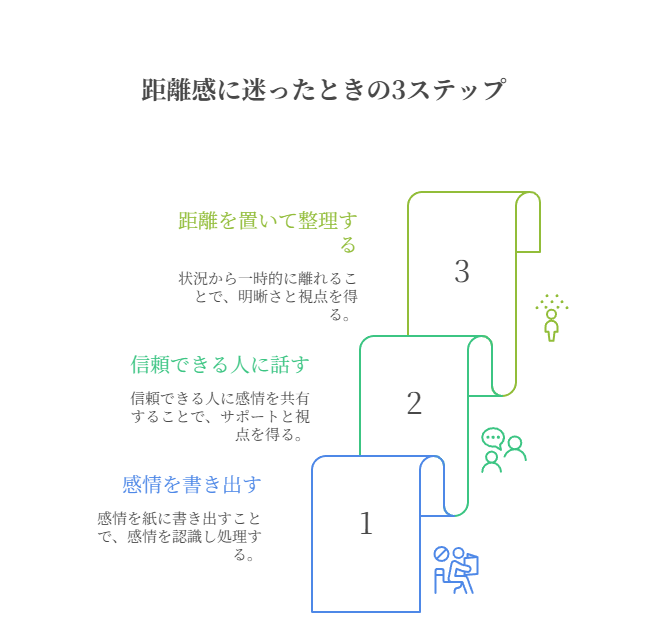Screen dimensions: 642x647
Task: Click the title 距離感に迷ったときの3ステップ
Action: pos(323,90)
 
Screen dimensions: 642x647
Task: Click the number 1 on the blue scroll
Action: pos(366,523)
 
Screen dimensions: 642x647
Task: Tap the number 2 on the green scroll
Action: pos(414,403)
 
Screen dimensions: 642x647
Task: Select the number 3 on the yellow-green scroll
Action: pos(461,271)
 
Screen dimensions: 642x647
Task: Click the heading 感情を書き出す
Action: pos(191,485)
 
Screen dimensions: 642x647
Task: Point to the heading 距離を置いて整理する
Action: pos(267,232)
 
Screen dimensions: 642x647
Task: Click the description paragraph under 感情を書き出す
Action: pos(180,536)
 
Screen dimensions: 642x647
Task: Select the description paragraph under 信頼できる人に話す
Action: pos(220,415)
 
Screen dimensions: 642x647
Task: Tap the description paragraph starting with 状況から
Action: pos(268,295)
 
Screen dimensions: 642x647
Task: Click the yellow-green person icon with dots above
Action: pos(551,318)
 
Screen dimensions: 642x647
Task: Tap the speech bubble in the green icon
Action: pos(492,437)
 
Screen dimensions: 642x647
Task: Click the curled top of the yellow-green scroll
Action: pos(528,207)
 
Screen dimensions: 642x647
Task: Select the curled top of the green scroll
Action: pos(480,351)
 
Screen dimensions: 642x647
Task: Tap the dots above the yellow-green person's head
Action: pos(551,301)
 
